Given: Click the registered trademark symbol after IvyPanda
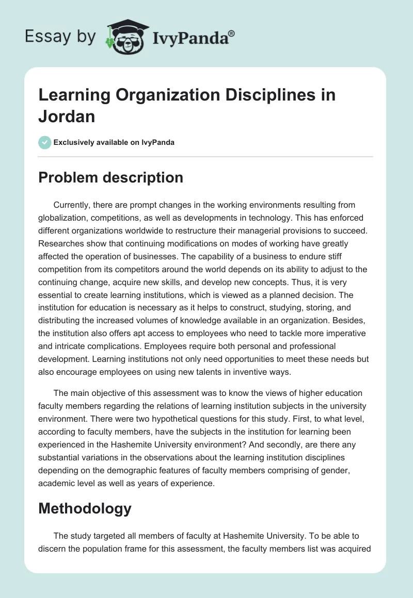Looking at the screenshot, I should [x=231, y=34].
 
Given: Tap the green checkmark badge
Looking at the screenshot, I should [x=45, y=142].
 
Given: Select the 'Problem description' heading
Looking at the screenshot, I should [x=110, y=178].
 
